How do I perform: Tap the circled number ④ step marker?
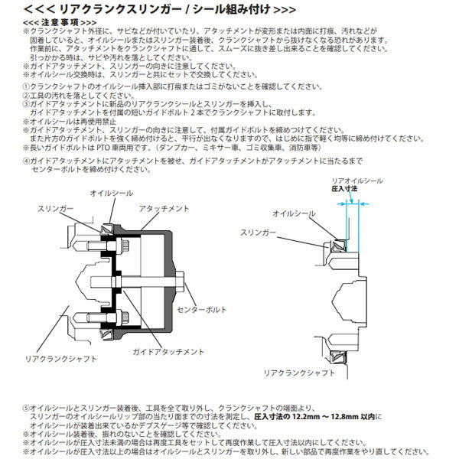click(27, 161)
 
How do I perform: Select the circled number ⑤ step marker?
click(27, 409)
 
